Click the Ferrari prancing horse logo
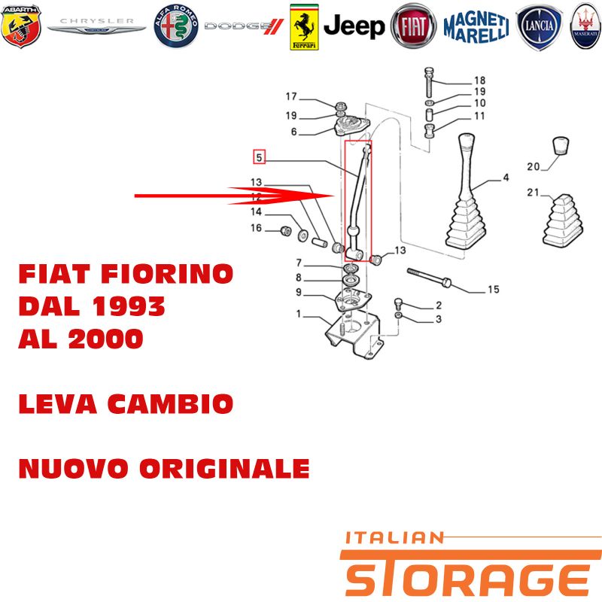(304, 27)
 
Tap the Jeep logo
(354, 26)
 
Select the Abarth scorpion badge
(21, 26)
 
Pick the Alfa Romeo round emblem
(176, 26)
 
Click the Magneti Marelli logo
(476, 27)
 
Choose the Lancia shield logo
(539, 27)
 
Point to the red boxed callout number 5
(259, 157)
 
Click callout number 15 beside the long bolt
(494, 289)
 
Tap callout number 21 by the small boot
(533, 192)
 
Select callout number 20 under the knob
(534, 166)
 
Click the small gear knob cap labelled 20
(561, 146)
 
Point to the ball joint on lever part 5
(354, 232)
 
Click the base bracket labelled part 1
(353, 336)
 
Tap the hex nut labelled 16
(286, 231)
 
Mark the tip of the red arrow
(333, 196)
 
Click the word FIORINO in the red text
(167, 274)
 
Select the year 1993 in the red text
(128, 306)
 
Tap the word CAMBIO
(170, 404)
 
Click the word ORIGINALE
(224, 469)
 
